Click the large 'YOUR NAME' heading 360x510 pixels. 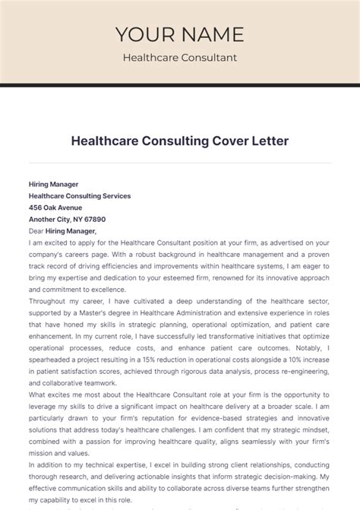click(180, 34)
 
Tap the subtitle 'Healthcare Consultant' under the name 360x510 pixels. click(180, 58)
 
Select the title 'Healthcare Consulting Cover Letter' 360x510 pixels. click(180, 141)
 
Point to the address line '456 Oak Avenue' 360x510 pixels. click(55, 207)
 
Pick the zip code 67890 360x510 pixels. click(84, 220)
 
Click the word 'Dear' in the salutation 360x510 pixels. click(36, 231)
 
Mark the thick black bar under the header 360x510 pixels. click(180, 85)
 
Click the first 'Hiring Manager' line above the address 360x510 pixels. click(53, 184)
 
